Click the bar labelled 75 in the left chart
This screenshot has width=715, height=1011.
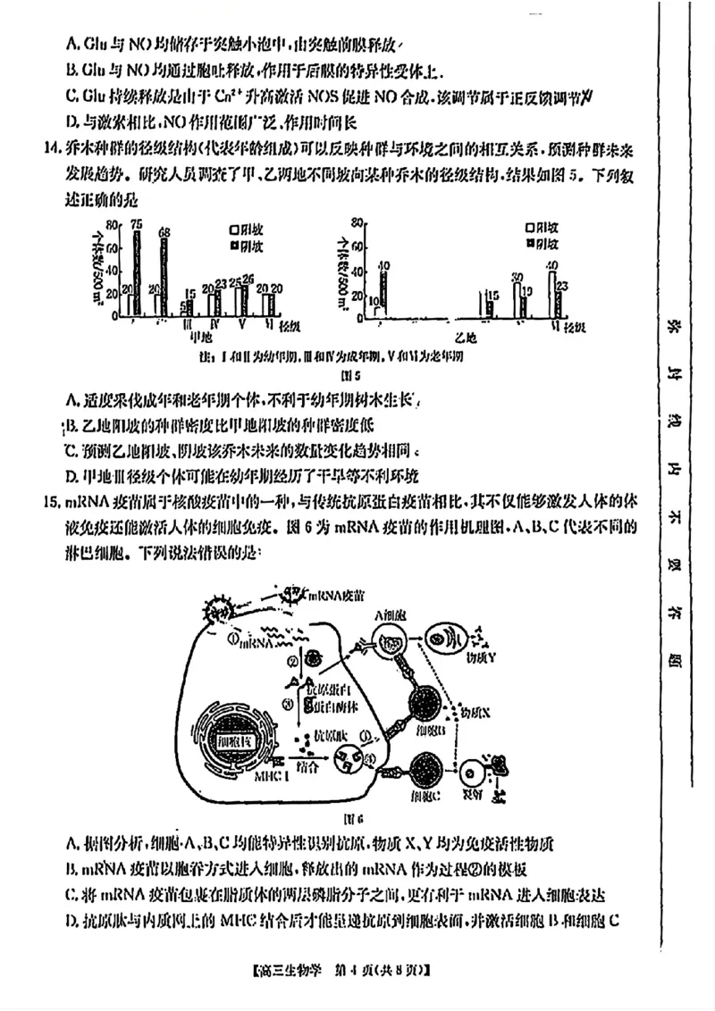click(x=137, y=272)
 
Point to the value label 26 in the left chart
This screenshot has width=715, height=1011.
click(x=248, y=279)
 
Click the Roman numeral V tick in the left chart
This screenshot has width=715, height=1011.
click(x=240, y=322)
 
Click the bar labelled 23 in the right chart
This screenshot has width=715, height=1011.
click(x=561, y=304)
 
